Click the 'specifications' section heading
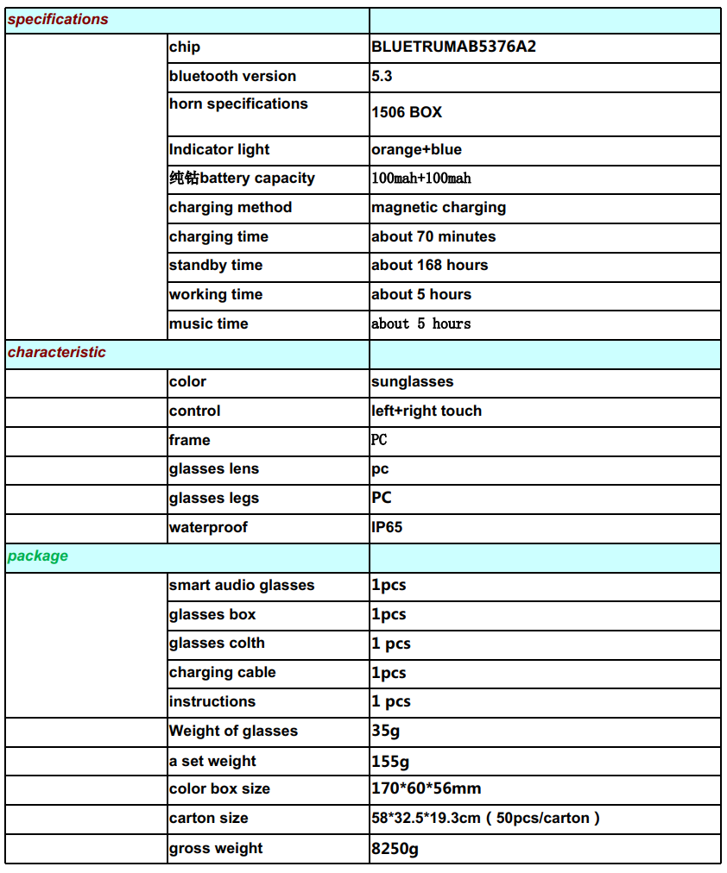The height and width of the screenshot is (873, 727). point(58,19)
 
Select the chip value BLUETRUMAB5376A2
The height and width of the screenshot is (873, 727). point(453,47)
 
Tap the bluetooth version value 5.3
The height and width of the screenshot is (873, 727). point(382,76)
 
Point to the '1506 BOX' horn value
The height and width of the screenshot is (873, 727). point(407,112)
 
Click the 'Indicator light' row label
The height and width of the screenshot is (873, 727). point(219,149)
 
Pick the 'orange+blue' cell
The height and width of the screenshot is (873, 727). point(416,149)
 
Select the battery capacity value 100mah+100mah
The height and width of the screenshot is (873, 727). point(421,179)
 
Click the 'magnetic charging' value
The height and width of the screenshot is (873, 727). point(439,207)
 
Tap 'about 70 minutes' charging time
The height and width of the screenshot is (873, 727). point(433,236)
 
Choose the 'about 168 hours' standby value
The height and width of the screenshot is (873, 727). point(429,265)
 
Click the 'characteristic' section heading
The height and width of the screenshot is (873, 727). point(57,352)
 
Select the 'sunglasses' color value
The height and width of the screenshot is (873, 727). point(412,381)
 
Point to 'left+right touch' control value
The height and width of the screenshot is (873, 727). point(427,411)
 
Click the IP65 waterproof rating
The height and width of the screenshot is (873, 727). point(387,527)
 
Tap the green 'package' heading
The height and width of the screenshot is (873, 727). point(38,556)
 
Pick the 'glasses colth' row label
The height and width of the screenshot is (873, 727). point(217,644)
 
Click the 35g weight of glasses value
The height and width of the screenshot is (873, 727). point(385,731)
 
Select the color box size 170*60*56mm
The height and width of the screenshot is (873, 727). point(426,788)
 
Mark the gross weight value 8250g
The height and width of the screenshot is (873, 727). point(395,848)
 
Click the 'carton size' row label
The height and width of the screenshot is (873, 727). point(208,818)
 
